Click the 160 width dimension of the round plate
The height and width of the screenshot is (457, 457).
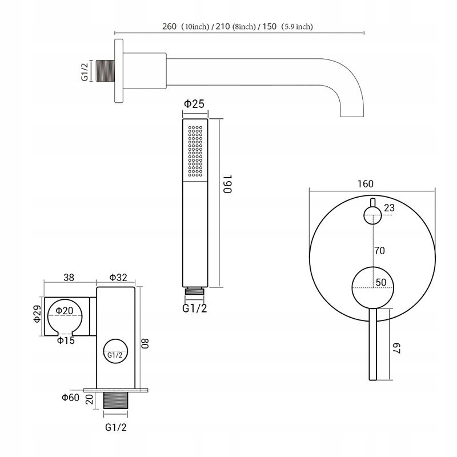click(x=366, y=184)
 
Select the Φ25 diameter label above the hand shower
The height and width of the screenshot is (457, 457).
click(x=194, y=103)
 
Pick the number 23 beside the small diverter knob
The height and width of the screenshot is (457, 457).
click(x=389, y=208)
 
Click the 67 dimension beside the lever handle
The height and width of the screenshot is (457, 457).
click(x=398, y=347)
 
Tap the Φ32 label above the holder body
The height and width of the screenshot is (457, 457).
click(x=118, y=278)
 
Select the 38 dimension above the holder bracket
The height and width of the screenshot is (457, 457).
click(x=69, y=278)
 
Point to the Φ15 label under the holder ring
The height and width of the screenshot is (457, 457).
click(x=66, y=341)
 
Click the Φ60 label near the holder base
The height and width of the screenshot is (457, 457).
click(x=70, y=398)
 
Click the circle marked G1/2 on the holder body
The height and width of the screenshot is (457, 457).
click(x=114, y=354)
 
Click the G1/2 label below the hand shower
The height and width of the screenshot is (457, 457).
click(x=195, y=308)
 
